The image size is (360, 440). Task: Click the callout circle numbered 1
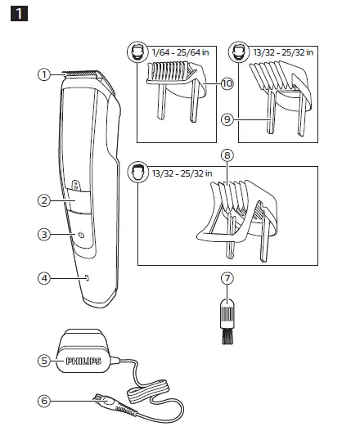coord(44,74)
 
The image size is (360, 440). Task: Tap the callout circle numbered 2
coord(44,200)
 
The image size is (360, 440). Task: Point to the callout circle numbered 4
coord(44,278)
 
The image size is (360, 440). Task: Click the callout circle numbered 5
coord(44,360)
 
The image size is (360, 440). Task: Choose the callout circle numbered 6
coord(44,401)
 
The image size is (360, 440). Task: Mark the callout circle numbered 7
coord(227,279)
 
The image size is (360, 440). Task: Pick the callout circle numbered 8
coord(227,154)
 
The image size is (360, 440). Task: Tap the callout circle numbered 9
coord(227,119)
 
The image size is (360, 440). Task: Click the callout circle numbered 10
coord(227,83)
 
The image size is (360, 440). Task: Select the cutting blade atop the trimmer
coord(81,73)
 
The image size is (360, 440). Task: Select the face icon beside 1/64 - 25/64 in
coord(136,52)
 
